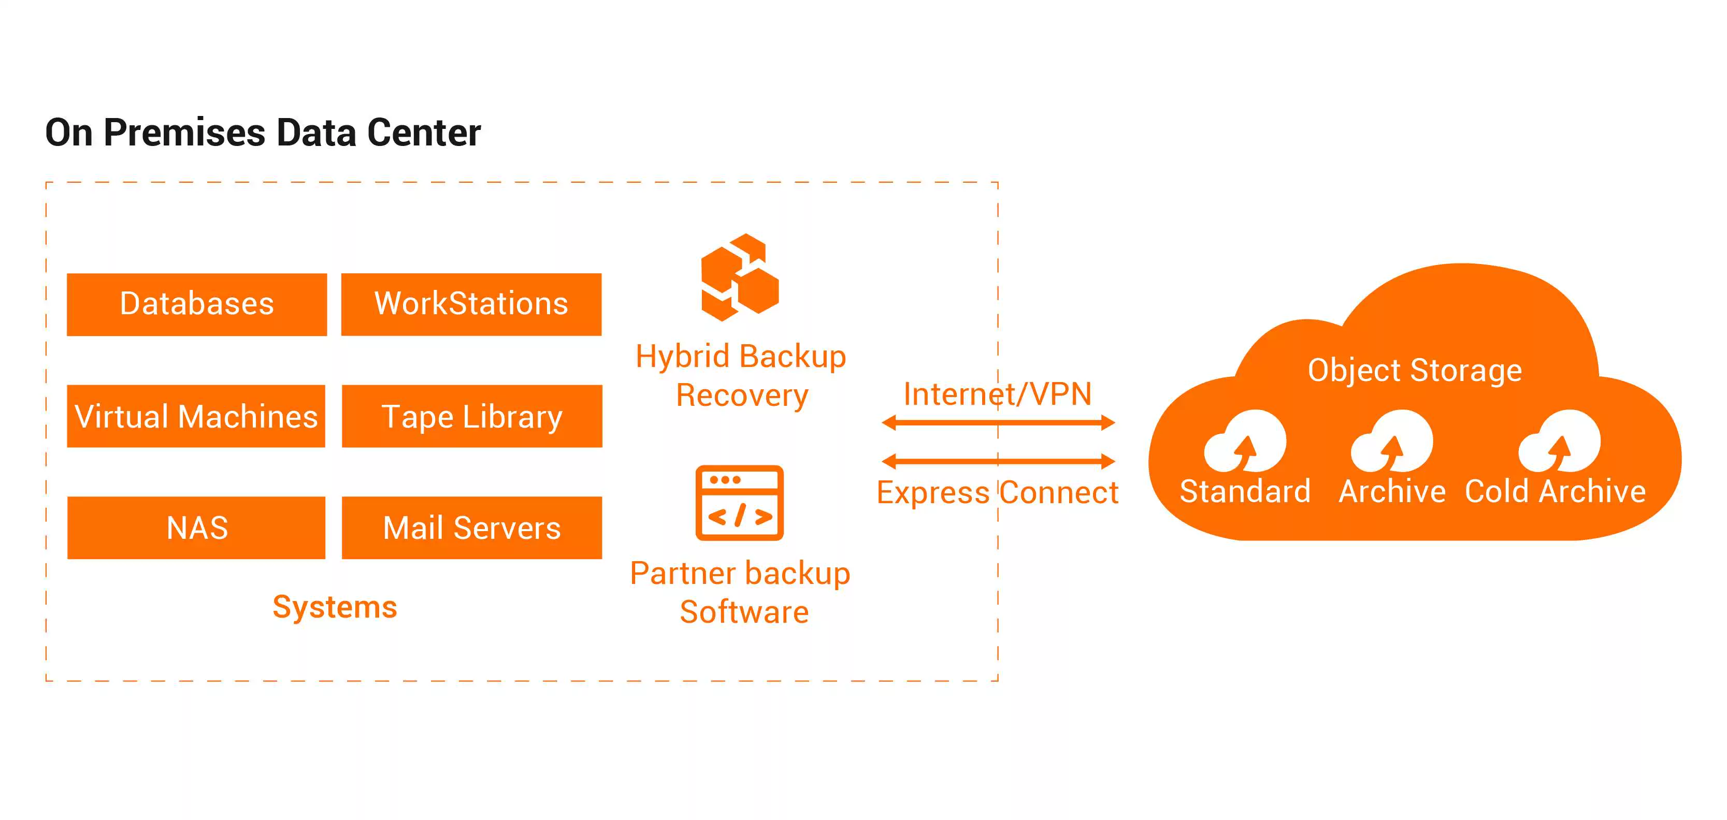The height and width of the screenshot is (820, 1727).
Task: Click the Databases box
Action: click(196, 304)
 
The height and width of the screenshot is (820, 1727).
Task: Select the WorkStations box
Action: click(471, 304)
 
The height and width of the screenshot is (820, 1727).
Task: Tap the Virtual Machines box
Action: click(196, 416)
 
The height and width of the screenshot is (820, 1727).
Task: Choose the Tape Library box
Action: click(471, 416)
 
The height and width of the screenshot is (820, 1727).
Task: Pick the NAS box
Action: click(196, 528)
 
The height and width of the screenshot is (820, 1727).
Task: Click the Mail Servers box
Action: click(471, 528)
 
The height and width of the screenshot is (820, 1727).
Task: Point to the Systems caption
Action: click(335, 607)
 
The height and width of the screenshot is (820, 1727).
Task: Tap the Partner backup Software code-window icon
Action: click(740, 503)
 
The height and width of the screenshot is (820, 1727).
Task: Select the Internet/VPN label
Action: click(997, 394)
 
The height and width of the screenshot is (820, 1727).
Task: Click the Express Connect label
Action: click(997, 493)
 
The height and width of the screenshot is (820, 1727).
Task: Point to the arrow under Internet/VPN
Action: click(998, 423)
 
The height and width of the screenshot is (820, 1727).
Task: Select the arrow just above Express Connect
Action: click(998, 461)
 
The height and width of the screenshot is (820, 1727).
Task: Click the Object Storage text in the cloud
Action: click(1415, 371)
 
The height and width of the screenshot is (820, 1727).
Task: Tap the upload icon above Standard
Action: click(1244, 442)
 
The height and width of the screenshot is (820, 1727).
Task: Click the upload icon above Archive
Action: click(1391, 442)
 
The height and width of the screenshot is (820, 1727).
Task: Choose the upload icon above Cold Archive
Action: click(1559, 442)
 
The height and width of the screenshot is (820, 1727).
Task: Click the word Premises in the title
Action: click(184, 133)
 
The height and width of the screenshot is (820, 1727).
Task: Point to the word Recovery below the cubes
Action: click(742, 396)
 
